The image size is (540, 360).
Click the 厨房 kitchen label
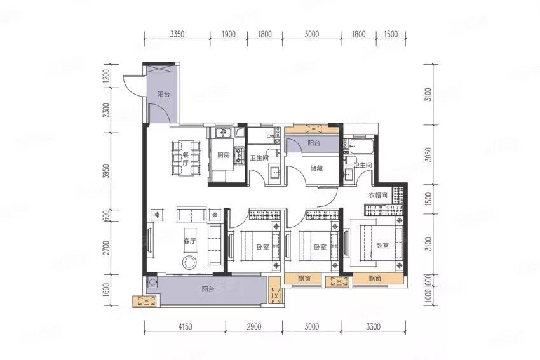click(223, 155)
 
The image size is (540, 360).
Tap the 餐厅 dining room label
click(186, 159)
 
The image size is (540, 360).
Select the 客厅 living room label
click(189, 241)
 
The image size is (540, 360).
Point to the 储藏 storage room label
click(316, 169)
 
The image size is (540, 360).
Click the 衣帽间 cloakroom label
click(378, 196)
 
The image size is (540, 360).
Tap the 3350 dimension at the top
click(177, 34)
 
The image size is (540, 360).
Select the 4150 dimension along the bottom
click(185, 326)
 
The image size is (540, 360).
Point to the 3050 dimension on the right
click(428, 155)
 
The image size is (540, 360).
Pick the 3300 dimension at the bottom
click(373, 326)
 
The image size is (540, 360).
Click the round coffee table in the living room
click(189, 263)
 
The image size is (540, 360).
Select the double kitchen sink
click(223, 132)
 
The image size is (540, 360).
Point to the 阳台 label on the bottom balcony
click(208, 289)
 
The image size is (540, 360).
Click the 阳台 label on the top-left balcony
click(163, 94)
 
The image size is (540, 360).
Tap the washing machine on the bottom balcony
click(152, 283)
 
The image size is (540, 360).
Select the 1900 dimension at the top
click(229, 34)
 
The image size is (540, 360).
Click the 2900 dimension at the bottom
click(254, 326)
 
